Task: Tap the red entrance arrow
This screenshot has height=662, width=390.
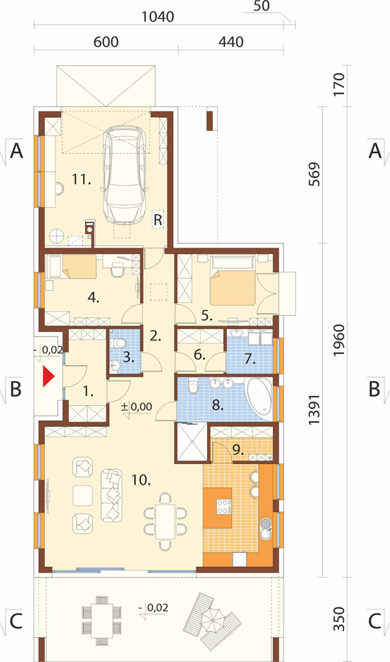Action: [x=49, y=377]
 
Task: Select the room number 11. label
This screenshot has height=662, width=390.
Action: [x=82, y=180]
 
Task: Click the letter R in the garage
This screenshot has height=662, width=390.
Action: [x=158, y=219]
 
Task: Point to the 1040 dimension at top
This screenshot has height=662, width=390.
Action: [x=157, y=16]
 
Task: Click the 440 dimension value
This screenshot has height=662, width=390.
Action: [x=231, y=42]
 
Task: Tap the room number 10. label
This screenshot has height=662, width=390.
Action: [x=141, y=480]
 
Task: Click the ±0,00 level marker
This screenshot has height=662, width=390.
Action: [x=136, y=407]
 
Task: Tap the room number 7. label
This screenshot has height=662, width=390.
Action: [x=250, y=360]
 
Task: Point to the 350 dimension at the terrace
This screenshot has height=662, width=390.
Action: [x=339, y=619]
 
